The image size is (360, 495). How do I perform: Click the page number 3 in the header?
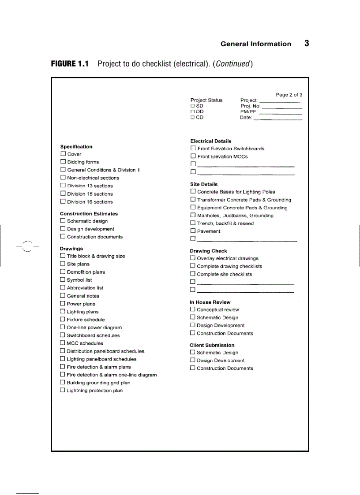(x=306, y=43)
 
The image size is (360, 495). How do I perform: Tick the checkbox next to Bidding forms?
(x=63, y=162)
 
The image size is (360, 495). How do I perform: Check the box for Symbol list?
(x=63, y=280)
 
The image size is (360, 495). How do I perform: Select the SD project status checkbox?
(x=192, y=106)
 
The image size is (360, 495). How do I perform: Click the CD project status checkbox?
(x=192, y=118)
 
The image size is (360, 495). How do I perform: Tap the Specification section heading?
(x=76, y=147)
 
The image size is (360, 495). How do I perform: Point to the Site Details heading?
(x=204, y=184)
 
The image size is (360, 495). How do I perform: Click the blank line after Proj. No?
(x=282, y=107)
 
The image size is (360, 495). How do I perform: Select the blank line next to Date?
(x=278, y=118)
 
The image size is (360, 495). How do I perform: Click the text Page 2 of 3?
(x=289, y=95)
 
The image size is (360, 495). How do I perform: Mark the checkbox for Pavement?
(x=193, y=231)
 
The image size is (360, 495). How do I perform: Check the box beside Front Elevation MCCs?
(x=193, y=156)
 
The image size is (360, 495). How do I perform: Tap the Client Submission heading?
(x=212, y=345)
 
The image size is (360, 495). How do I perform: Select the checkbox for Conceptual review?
(x=192, y=309)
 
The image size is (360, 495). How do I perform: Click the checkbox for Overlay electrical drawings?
(x=192, y=258)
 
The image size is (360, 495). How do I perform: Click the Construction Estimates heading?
(x=89, y=213)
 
